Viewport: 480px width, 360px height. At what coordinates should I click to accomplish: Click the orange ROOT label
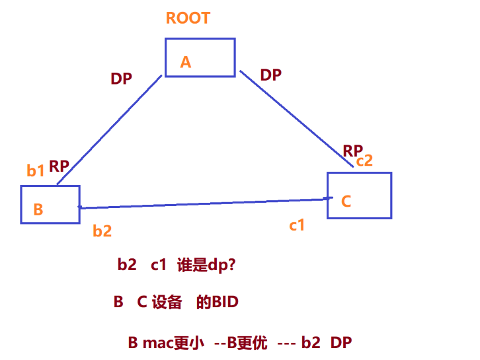click(x=188, y=18)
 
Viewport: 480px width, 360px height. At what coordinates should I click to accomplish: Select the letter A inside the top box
click(x=186, y=62)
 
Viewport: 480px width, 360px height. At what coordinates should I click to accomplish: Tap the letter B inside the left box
click(x=38, y=209)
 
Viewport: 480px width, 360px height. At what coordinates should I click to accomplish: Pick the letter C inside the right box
click(x=346, y=201)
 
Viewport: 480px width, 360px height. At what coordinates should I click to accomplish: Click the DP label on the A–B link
click(x=121, y=79)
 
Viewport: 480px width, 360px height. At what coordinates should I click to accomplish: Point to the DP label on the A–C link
click(x=271, y=75)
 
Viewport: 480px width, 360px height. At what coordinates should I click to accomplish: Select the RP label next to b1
click(x=59, y=166)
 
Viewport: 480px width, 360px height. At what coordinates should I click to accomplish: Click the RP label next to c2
click(x=352, y=151)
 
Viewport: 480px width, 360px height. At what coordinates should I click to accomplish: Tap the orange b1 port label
click(x=36, y=170)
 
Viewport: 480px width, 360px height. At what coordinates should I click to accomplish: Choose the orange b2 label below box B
click(x=102, y=231)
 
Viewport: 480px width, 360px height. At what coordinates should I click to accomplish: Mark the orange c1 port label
click(x=297, y=225)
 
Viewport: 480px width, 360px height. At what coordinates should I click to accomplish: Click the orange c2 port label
click(x=364, y=161)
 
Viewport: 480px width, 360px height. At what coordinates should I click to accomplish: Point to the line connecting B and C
click(x=206, y=203)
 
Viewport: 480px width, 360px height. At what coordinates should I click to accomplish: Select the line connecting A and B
click(x=109, y=130)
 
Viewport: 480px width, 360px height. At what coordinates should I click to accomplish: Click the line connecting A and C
click(x=296, y=119)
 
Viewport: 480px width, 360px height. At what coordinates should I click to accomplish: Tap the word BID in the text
click(x=225, y=302)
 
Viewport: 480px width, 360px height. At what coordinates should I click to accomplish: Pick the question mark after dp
click(x=231, y=265)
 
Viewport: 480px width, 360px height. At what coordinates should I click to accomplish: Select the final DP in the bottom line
click(x=341, y=343)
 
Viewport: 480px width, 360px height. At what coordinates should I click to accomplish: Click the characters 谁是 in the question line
click(x=192, y=265)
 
